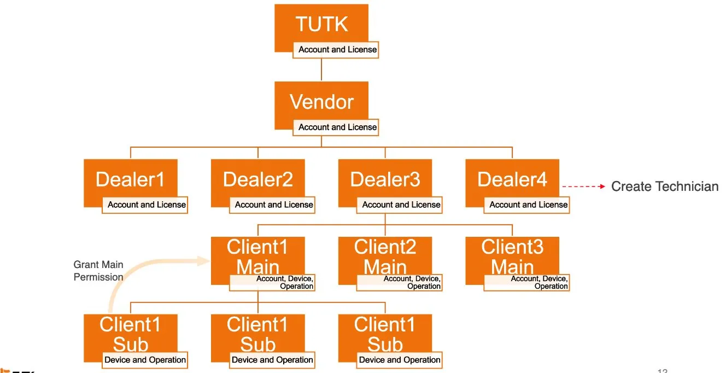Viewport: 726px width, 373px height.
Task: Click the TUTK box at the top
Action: click(321, 25)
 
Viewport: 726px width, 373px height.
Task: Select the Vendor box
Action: click(321, 102)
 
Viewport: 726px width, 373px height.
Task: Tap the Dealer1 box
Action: click(130, 179)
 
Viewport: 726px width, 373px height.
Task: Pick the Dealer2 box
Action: click(257, 179)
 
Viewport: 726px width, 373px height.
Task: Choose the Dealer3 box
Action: click(385, 179)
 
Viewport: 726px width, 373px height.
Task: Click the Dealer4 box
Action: click(512, 179)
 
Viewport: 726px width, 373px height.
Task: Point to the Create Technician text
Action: click(664, 186)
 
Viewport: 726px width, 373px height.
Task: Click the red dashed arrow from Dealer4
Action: click(583, 186)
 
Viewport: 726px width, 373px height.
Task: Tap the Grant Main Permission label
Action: click(98, 271)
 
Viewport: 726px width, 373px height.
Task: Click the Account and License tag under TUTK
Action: click(337, 50)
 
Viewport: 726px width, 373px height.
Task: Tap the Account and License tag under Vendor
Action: click(337, 127)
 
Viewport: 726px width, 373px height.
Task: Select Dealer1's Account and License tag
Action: click(146, 205)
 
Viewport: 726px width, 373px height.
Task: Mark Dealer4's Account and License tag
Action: click(528, 205)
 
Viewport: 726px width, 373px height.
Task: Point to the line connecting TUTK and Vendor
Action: click(321, 70)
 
